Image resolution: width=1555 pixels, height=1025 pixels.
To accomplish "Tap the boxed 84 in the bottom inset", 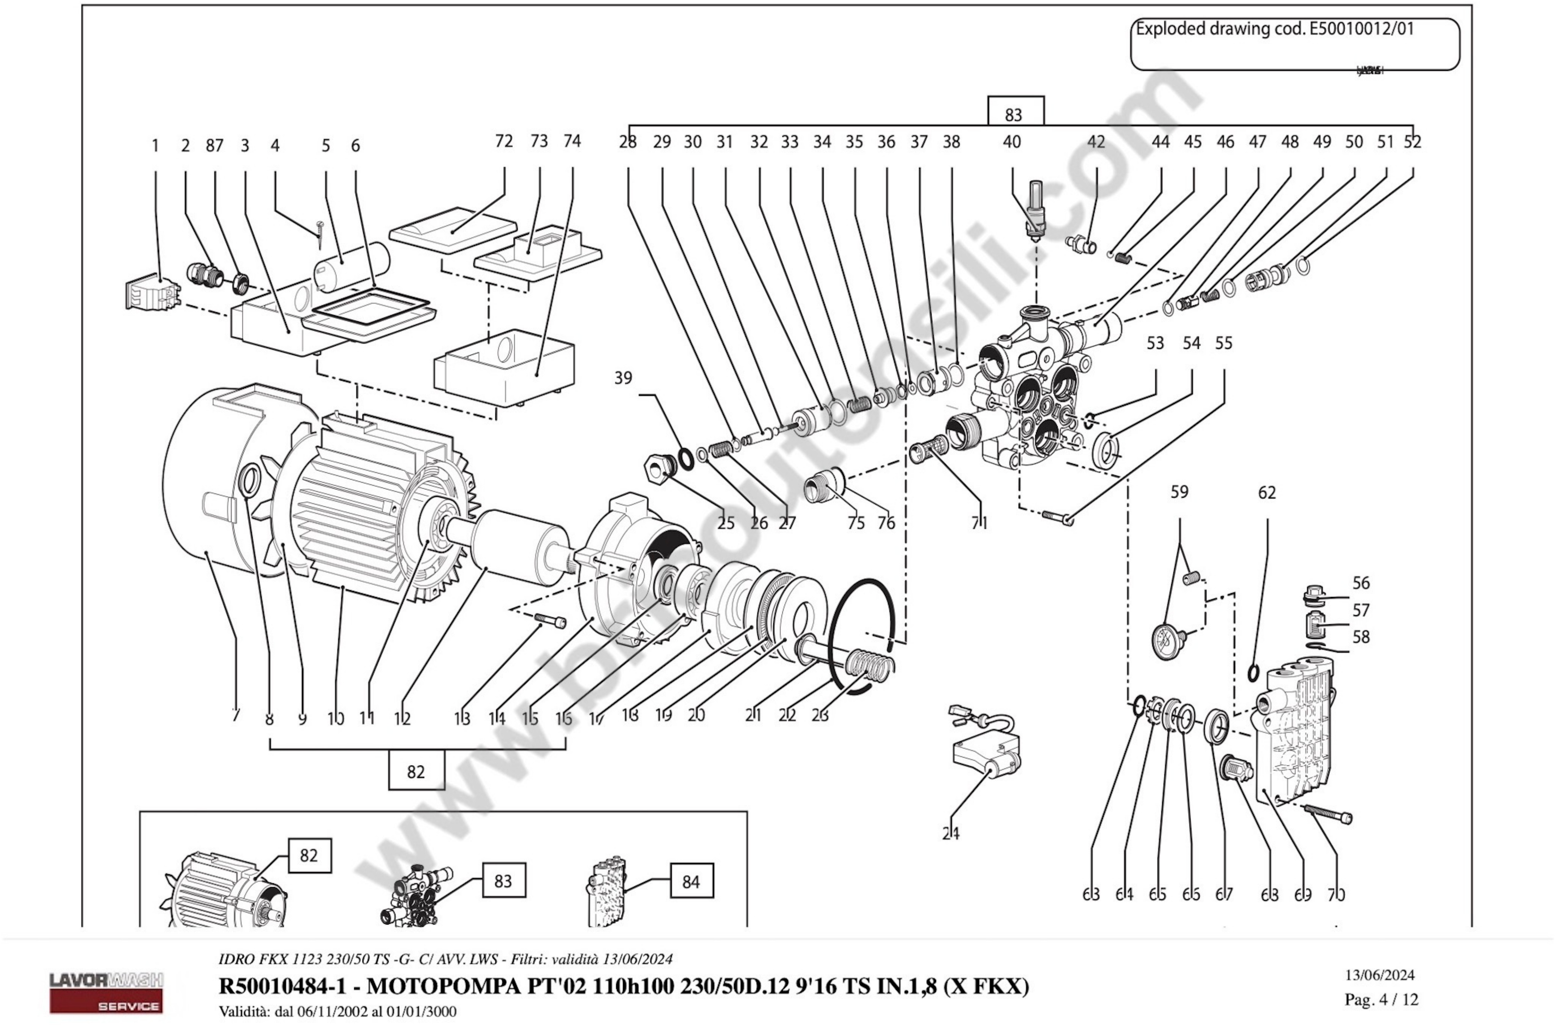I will click(x=691, y=881).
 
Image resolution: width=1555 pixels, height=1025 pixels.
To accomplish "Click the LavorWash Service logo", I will click(x=106, y=992).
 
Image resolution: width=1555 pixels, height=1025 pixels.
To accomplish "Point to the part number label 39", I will click(x=623, y=378).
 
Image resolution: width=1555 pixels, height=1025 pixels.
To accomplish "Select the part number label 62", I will click(x=1267, y=493).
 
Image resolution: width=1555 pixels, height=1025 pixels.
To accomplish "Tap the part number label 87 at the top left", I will click(x=214, y=146).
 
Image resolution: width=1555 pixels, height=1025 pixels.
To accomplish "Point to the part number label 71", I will click(x=979, y=523).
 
